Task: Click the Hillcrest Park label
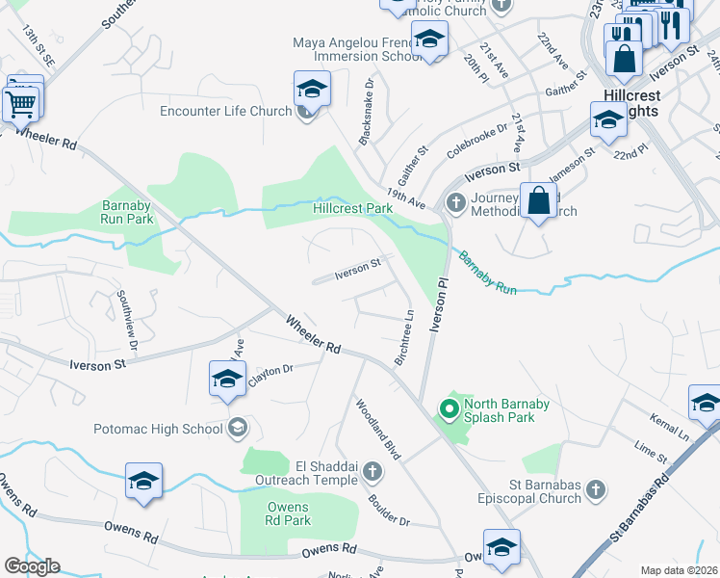[x=352, y=208]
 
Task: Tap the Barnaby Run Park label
[x=127, y=212]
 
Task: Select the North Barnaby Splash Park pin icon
[x=448, y=410]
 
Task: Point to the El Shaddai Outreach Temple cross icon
[x=373, y=472]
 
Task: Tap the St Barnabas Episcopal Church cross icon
[x=596, y=490]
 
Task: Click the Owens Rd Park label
[x=288, y=514]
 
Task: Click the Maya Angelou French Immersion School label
[x=357, y=49]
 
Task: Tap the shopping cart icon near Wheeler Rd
[x=21, y=102]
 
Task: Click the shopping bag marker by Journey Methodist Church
[x=539, y=201]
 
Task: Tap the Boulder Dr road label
[x=389, y=511]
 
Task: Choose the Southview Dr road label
[x=127, y=320]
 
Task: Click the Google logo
[x=33, y=566]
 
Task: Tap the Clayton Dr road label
[x=270, y=372]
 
